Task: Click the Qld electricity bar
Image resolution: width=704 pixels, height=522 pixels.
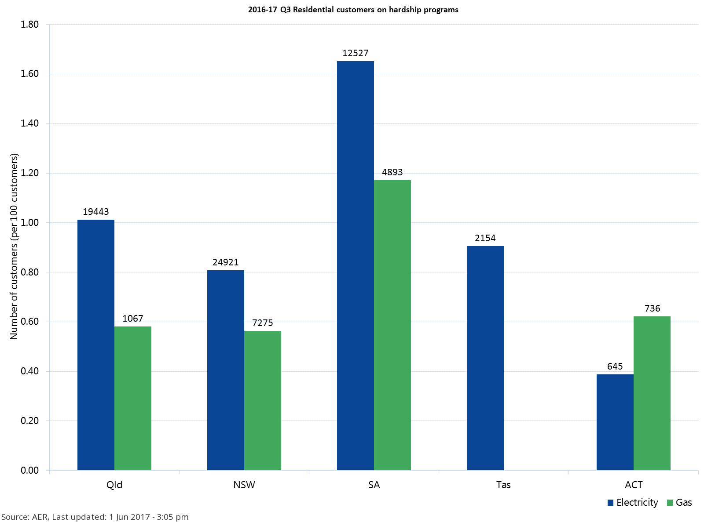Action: coord(96,345)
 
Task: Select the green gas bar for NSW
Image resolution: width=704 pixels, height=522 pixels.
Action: coord(263,400)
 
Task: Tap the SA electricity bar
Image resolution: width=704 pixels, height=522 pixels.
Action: coord(356,265)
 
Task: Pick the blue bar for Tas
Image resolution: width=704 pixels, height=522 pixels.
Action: coord(485,358)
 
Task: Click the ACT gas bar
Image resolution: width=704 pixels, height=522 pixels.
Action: coord(652,393)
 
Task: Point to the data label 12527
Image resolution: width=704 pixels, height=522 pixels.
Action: coord(356,53)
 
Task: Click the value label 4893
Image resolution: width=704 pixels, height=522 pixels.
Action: coord(392,172)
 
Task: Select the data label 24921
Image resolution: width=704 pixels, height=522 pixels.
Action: coord(226,262)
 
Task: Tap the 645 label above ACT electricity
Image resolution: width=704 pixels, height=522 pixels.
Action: coord(615,366)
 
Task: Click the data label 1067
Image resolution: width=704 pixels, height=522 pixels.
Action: coord(133,319)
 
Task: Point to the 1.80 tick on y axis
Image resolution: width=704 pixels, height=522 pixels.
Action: coord(30,25)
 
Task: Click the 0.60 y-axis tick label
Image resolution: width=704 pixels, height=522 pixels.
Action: coord(30,322)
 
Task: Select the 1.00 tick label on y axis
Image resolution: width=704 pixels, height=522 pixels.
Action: coord(30,223)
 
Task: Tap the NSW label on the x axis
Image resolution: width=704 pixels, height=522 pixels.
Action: coord(244,485)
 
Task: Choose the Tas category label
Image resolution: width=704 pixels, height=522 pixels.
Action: coord(503,485)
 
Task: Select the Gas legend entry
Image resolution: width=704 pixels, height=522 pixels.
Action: coord(680,503)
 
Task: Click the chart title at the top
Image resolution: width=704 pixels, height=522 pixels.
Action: coord(353,10)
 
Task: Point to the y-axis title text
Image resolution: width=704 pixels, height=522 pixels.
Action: coord(14,246)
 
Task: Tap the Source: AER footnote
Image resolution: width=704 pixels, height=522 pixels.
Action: coord(95,517)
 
